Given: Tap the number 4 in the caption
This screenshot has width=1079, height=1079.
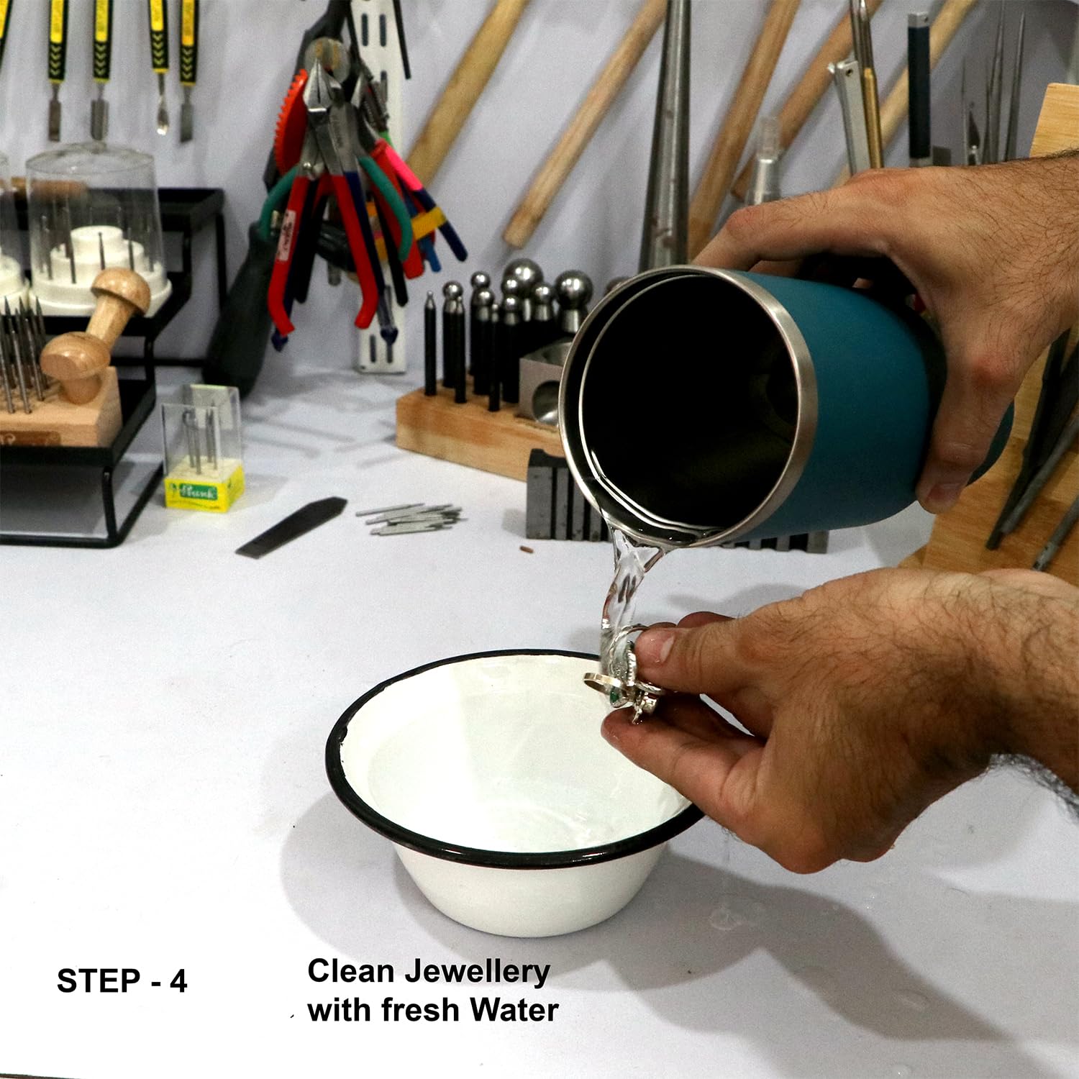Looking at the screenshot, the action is (x=178, y=981).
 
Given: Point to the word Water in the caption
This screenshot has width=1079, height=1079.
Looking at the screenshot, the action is (x=514, y=1010).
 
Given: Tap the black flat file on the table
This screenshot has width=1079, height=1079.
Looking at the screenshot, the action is (x=291, y=527).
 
